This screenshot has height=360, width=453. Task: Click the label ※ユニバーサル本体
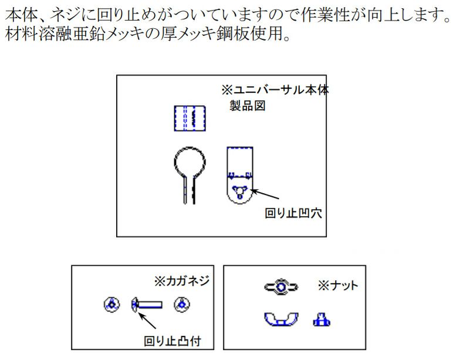(x=275, y=90)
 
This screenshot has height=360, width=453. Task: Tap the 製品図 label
(x=247, y=106)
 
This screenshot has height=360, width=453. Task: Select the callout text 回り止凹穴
(x=293, y=213)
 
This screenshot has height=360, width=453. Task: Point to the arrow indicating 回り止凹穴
(x=265, y=194)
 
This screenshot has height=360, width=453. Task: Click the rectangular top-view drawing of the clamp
(x=190, y=119)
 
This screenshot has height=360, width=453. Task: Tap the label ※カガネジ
(x=182, y=281)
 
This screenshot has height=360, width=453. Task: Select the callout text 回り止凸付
(x=173, y=341)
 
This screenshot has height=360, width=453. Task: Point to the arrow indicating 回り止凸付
(x=147, y=320)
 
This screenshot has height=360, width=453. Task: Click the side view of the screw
(x=147, y=304)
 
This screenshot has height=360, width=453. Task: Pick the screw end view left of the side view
(x=112, y=304)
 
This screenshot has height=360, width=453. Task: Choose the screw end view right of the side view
(x=182, y=304)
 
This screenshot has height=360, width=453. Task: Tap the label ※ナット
(x=338, y=285)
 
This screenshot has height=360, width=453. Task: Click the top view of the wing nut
(x=281, y=287)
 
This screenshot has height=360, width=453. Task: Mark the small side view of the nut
(x=322, y=319)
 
